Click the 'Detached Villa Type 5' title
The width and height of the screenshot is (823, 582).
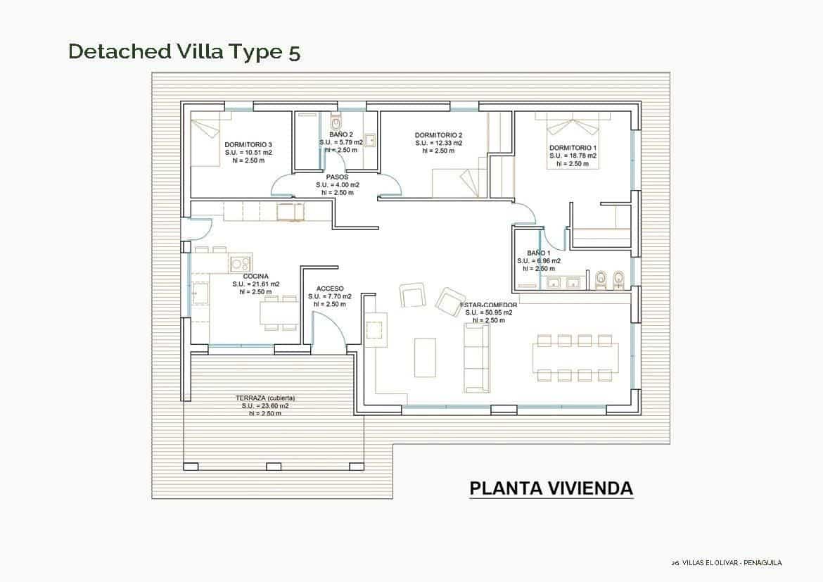tap(184, 52)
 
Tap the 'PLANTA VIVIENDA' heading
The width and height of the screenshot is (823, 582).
tap(551, 488)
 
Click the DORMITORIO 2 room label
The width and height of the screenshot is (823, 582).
tap(438, 135)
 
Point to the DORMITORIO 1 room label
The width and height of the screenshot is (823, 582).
tap(573, 148)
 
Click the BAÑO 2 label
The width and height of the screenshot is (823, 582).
tap(341, 134)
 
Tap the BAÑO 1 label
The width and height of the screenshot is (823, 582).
tap(538, 253)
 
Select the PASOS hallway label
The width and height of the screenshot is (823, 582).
tap(337, 177)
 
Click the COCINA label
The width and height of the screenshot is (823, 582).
tap(255, 277)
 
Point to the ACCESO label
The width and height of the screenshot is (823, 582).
tap(330, 289)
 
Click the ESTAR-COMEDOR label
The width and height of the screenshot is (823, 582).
tap(489, 305)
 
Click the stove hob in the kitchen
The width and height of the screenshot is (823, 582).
tap(240, 264)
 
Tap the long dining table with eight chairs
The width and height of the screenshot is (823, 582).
tap(575, 358)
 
